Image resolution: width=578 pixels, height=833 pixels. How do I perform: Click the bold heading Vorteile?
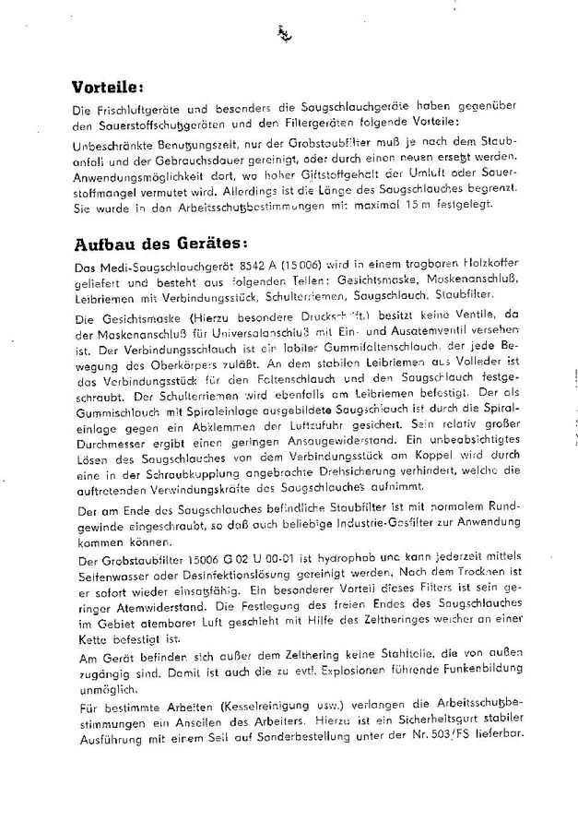point(110,89)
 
